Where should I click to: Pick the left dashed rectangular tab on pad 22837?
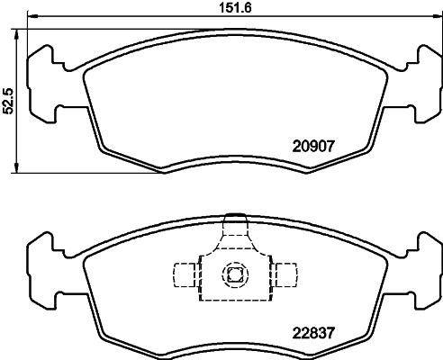[x=184, y=274]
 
